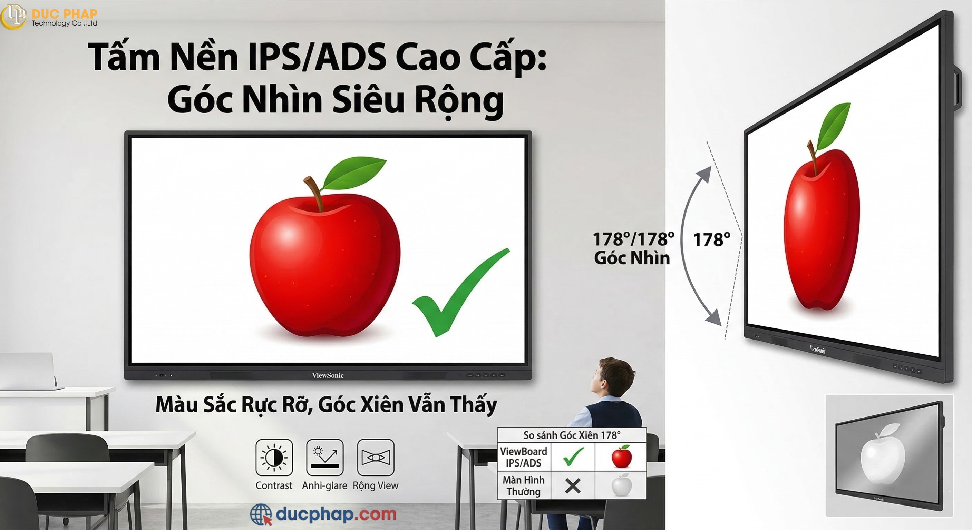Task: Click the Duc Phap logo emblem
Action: (x=13, y=16)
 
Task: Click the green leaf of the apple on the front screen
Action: (x=354, y=173)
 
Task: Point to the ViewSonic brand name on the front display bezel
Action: (x=328, y=375)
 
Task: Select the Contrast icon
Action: (x=274, y=457)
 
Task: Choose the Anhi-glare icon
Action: (x=325, y=457)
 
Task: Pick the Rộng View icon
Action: (x=376, y=457)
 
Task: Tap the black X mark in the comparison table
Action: (x=573, y=486)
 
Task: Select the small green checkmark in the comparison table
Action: (x=573, y=457)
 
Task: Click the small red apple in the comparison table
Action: (x=621, y=457)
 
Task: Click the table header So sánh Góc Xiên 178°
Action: (x=572, y=435)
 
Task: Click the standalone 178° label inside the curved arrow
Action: (x=712, y=239)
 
